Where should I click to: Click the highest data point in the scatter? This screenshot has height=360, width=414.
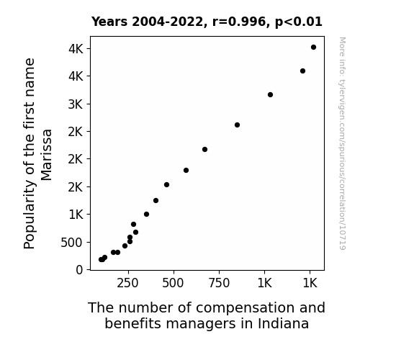313,48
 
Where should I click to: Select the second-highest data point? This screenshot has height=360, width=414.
303,71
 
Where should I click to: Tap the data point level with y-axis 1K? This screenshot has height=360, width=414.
147,215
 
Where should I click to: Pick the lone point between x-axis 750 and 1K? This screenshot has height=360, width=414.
237,125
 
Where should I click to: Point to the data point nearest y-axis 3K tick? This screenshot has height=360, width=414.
270,94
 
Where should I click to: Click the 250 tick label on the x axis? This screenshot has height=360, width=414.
127,284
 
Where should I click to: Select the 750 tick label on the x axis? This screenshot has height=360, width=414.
219,284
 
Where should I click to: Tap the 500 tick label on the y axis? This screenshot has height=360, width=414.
71,243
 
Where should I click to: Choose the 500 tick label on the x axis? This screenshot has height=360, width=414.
173,284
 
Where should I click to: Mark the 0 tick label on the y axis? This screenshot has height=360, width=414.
79,270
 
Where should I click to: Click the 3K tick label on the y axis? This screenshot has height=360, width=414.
76,104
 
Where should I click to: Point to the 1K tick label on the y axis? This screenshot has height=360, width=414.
76,215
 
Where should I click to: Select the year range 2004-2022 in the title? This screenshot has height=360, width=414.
168,22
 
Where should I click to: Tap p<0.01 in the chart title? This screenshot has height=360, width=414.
299,22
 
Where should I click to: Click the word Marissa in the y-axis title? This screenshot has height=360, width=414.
47,155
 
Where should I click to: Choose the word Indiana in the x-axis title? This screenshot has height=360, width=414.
283,323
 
